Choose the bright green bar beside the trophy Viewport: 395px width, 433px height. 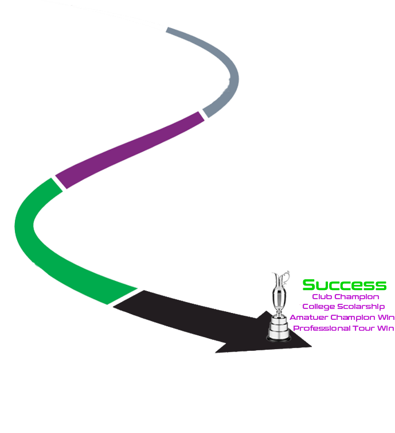pyautogui.click(x=344, y=285)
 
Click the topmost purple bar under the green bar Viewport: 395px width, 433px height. pyautogui.click(x=346, y=297)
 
